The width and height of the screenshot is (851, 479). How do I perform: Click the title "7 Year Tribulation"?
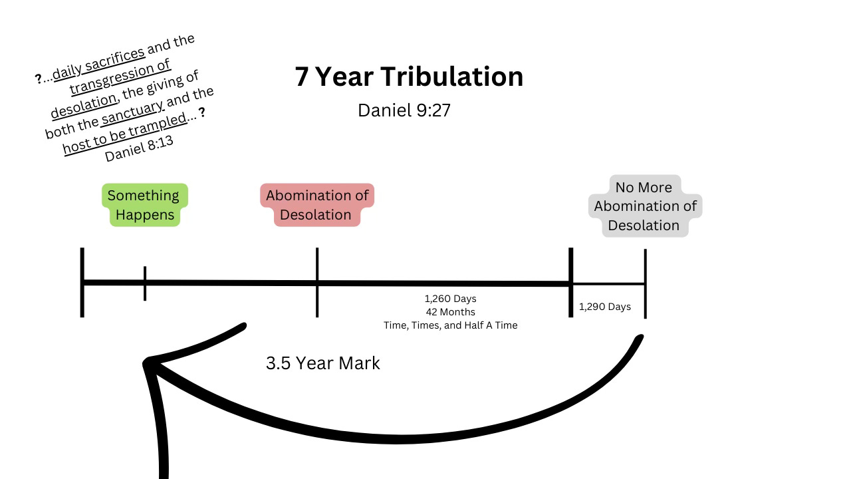(x=409, y=77)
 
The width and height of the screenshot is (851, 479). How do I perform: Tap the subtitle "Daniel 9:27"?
(x=404, y=110)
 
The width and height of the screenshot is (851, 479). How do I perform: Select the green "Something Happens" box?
(x=144, y=205)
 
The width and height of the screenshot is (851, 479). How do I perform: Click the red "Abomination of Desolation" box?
(x=317, y=205)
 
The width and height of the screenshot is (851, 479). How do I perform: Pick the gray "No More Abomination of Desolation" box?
(x=644, y=206)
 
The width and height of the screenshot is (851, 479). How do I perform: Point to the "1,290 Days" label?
(x=604, y=307)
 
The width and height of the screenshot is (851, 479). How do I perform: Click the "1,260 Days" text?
(x=450, y=299)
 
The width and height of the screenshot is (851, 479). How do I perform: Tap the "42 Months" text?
(x=450, y=312)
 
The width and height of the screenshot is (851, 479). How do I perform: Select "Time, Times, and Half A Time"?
(x=450, y=325)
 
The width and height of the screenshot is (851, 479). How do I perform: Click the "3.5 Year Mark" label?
(x=322, y=363)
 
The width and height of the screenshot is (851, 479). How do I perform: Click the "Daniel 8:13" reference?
(x=139, y=150)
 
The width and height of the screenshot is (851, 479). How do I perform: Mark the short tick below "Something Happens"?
(x=145, y=283)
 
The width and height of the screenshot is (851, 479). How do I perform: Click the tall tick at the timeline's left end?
(x=82, y=283)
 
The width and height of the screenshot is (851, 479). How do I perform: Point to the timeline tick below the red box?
(x=317, y=283)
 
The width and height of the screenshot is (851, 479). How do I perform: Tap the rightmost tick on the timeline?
(x=645, y=284)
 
